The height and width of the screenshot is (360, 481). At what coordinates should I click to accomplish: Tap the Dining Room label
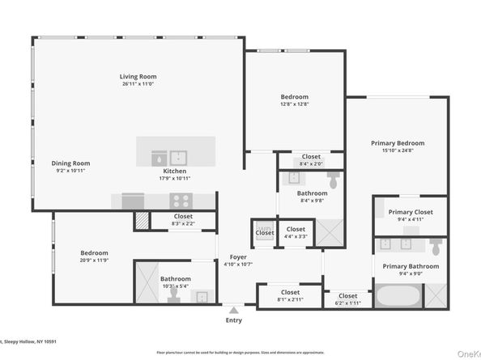click(x=70, y=163)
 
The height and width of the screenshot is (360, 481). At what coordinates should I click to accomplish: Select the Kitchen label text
click(x=175, y=172)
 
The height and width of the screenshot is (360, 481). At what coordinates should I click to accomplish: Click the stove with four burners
click(x=180, y=200)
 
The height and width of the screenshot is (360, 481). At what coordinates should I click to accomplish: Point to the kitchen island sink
click(x=177, y=155)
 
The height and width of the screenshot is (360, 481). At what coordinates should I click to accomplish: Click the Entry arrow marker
click(x=234, y=308)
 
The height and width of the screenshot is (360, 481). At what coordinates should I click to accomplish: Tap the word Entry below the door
click(x=234, y=320)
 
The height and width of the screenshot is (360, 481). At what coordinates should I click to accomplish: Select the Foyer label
click(x=237, y=256)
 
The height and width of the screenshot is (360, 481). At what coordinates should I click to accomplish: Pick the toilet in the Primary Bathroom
click(x=435, y=245)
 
